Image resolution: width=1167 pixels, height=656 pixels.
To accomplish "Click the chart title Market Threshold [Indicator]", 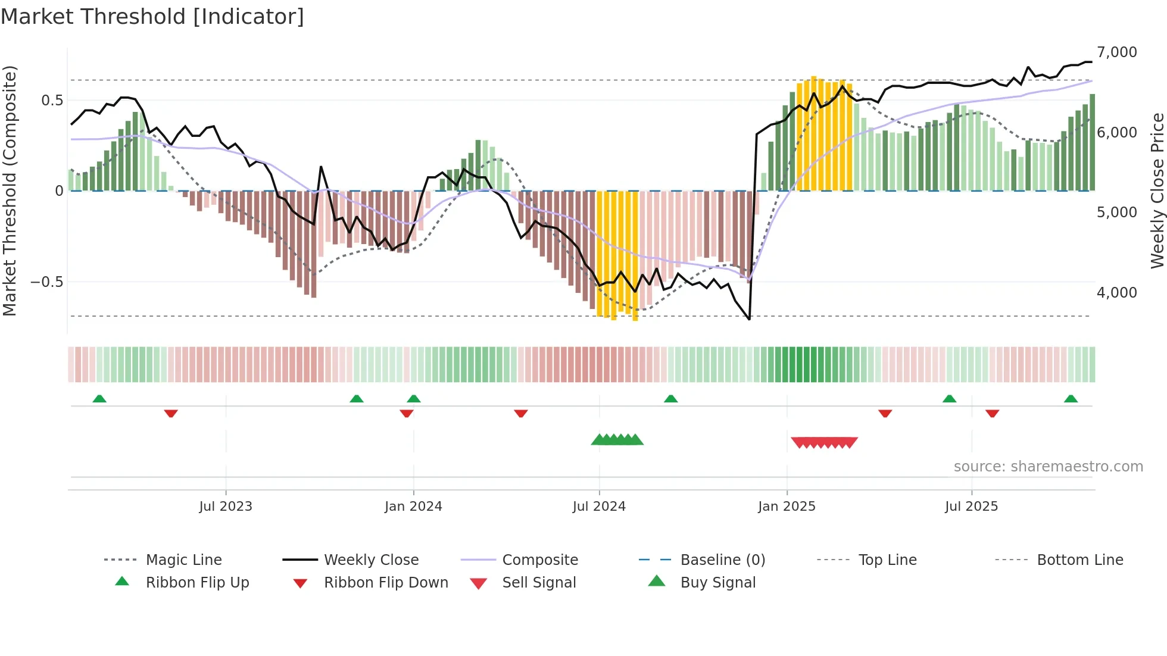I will [152, 17].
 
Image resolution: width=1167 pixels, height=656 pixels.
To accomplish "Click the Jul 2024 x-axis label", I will [599, 506].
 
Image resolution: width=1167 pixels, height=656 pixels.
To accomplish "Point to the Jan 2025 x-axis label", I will [787, 506].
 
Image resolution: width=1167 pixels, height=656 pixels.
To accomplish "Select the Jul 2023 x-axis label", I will [226, 506].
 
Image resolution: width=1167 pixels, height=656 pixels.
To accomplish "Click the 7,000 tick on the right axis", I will [1116, 52].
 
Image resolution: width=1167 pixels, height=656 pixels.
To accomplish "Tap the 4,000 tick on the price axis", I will [1116, 292].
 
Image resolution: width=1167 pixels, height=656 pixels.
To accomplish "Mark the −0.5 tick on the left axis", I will [47, 282].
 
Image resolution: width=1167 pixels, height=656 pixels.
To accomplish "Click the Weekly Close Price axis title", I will [1157, 190].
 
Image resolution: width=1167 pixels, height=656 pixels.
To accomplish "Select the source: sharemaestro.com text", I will [1048, 466].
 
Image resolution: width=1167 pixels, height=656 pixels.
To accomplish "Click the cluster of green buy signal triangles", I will [617, 440].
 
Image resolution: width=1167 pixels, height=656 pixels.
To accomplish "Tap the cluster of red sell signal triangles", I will [824, 442].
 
